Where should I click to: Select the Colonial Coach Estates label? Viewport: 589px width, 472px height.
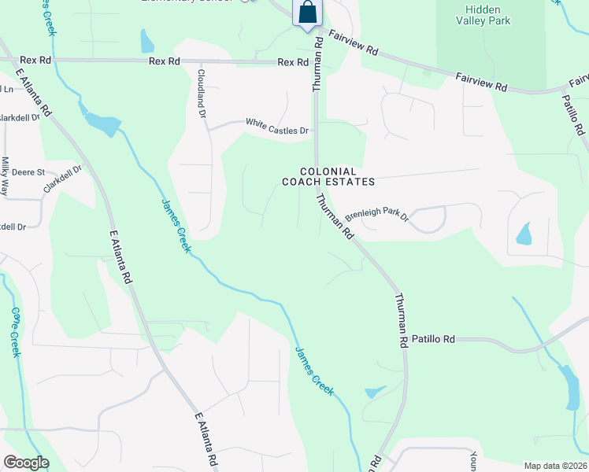point(328,176)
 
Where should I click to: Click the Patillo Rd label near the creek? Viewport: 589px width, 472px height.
point(433,339)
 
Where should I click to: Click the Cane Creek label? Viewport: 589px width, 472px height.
point(14,331)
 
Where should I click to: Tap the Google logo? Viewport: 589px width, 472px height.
point(26,463)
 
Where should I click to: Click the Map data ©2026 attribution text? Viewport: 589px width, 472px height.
point(555,466)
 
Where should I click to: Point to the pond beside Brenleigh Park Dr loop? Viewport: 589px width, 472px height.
point(524,234)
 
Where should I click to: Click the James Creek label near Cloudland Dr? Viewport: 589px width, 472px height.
point(176,225)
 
